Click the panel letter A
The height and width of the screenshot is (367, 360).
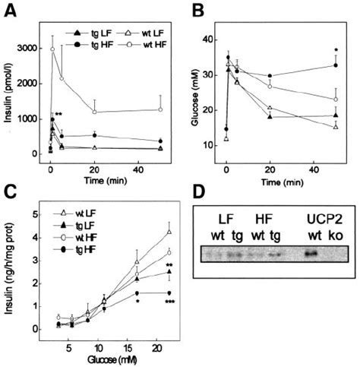pos(11,12)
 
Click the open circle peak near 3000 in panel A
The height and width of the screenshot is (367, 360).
pos(52,49)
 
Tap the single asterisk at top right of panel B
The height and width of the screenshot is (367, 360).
pos(335,52)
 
